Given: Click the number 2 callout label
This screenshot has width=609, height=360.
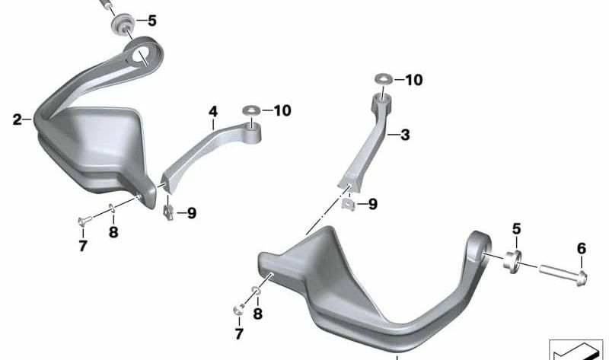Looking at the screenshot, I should point(18,119).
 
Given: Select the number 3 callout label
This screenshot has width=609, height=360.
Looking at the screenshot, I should point(404,135).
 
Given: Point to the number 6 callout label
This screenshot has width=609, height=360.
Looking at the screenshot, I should point(582,248).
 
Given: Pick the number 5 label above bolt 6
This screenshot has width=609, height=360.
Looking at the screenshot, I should point(516,228).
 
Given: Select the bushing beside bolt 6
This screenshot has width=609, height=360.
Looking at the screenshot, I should point(512,259).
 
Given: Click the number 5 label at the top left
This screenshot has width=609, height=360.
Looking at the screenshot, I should point(151,21).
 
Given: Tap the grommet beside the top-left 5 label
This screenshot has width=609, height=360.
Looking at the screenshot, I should point(121,26).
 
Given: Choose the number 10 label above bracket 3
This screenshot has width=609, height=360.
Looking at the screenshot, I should point(413,80).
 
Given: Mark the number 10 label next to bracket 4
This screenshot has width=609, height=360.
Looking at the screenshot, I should point(282,111).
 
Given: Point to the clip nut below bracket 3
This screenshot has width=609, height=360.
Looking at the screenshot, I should point(347,204).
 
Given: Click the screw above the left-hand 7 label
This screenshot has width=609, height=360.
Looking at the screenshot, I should point(83,222).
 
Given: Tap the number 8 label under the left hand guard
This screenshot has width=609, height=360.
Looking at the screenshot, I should point(113,233).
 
